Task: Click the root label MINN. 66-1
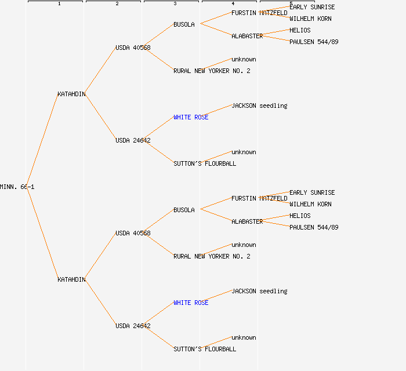(17, 187)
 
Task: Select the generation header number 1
(59, 4)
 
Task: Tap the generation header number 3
(175, 4)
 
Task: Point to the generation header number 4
(233, 4)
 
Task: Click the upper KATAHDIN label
(71, 94)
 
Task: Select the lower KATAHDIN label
(71, 279)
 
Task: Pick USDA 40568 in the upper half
(133, 48)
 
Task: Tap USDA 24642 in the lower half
(133, 326)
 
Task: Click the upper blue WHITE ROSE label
(191, 117)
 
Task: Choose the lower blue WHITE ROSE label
(191, 303)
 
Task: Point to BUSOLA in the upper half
(184, 24)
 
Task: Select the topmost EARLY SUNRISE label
(312, 7)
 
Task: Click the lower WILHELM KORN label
(310, 204)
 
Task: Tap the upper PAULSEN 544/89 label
(314, 42)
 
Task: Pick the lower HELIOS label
(300, 216)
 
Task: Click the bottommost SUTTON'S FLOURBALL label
(205, 349)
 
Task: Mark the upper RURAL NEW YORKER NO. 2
(212, 71)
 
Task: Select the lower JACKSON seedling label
(259, 291)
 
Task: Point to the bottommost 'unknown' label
(244, 337)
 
